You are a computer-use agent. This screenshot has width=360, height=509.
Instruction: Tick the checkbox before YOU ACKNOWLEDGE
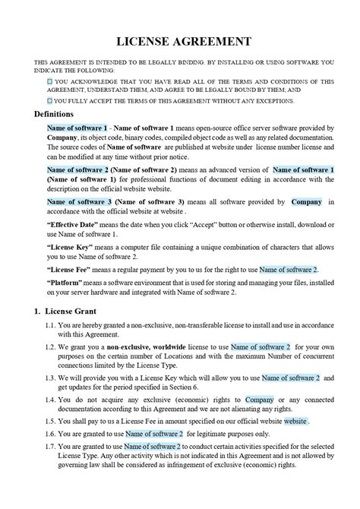point(49,80)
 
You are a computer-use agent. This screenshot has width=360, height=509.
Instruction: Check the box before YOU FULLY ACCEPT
point(49,100)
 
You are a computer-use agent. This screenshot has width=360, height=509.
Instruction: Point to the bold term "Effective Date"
point(75,225)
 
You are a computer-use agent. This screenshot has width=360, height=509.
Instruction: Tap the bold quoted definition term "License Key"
point(72,247)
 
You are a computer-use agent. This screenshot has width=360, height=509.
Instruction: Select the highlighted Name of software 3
point(79,202)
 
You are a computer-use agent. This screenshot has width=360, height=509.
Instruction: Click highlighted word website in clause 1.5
point(295,421)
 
